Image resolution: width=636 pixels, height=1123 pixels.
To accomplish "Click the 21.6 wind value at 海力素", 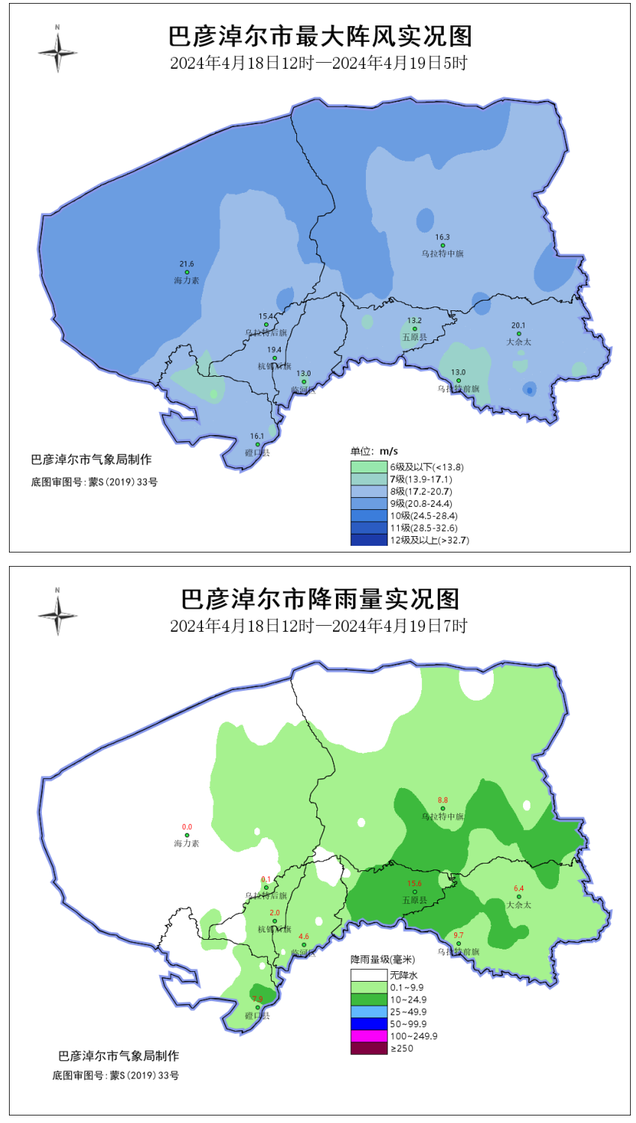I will point(186,264).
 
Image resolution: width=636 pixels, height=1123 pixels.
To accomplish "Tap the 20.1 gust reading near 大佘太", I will point(519,325).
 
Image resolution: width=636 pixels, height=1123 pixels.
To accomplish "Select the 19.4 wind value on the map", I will point(275,350).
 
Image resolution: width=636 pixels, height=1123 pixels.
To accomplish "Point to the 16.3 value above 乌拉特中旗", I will point(442,237).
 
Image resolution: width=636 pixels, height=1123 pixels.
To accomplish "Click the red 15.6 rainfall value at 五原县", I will point(415,884).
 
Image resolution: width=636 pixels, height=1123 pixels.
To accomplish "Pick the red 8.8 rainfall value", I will point(442,800).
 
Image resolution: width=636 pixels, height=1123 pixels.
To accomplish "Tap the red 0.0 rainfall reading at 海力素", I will point(187,827).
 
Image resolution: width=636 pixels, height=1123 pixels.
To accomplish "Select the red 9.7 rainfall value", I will point(459,935).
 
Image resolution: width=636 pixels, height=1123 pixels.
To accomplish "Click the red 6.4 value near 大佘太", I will point(519,888).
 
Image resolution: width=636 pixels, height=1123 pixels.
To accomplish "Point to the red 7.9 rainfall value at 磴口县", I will point(258,999).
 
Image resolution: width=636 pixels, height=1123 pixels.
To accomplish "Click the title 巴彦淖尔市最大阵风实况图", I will point(319,36).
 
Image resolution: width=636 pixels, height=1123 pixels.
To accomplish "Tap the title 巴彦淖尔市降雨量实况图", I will point(319,599).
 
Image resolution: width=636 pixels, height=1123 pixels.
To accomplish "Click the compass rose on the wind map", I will point(58,52).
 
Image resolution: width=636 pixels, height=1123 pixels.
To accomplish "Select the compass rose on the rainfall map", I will point(58,614).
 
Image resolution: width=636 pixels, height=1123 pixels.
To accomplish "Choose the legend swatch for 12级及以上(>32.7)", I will point(369,540).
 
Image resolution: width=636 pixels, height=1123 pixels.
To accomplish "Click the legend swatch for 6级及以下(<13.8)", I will point(369,467).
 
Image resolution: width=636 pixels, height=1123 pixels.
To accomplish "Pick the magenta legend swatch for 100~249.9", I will point(369,1036).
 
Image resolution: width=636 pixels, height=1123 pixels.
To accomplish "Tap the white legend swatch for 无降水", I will point(369,975).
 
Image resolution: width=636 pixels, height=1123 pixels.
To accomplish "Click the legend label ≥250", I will point(401,1048).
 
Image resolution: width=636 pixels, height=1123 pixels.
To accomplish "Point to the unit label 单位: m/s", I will point(374,451).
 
